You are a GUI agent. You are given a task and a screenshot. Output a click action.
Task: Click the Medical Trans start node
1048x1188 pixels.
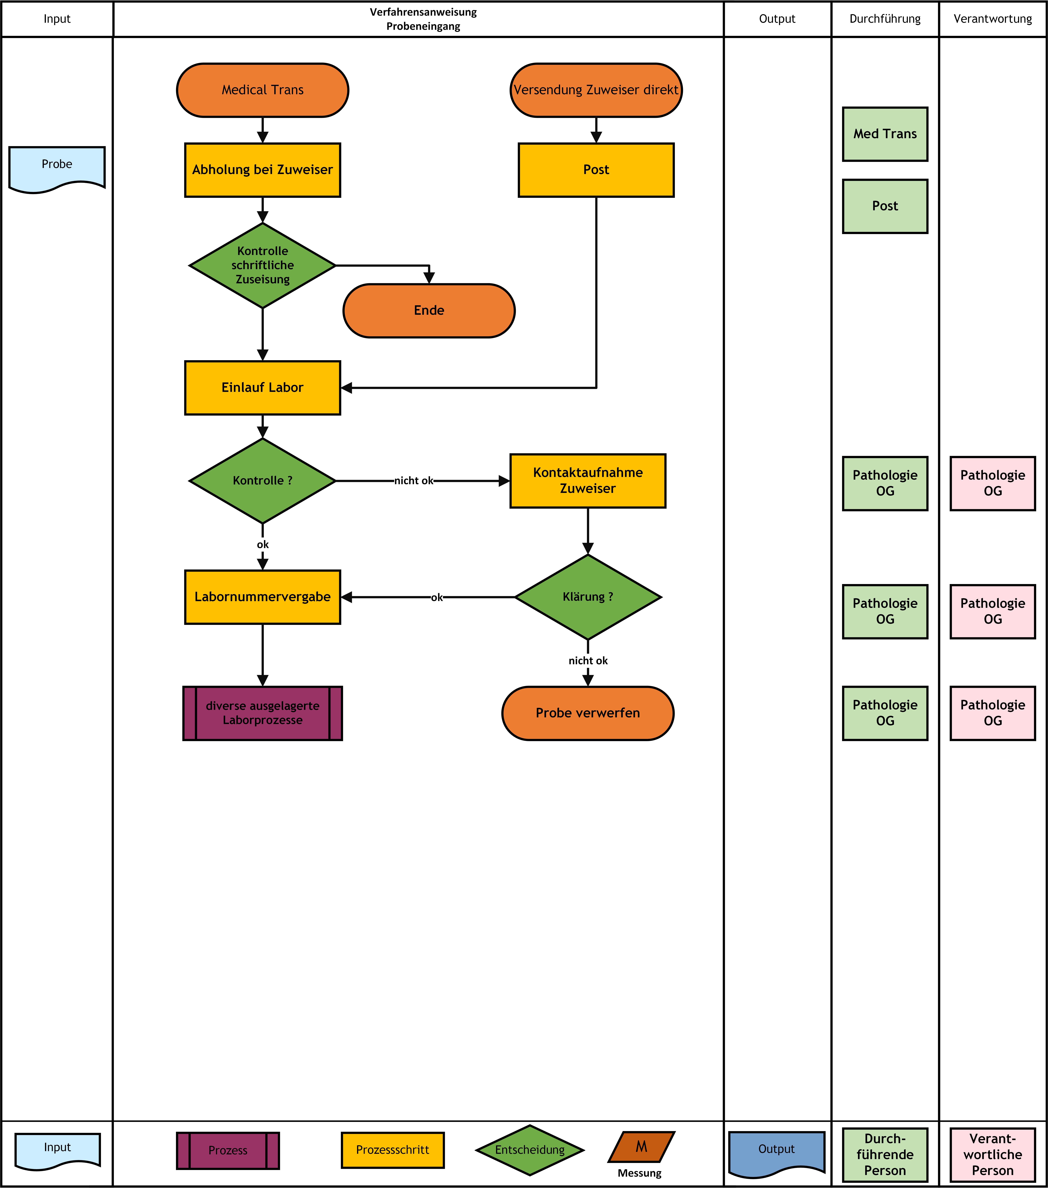262,90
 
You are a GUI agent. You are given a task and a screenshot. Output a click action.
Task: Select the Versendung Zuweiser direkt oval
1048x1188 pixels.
596,90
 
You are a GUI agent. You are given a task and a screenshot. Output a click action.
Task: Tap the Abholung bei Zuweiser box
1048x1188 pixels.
262,170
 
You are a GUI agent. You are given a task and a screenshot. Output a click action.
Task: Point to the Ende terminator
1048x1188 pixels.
429,310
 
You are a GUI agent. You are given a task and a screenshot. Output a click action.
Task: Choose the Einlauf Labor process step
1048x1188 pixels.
262,388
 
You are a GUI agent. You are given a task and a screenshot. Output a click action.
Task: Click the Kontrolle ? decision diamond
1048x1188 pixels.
262,481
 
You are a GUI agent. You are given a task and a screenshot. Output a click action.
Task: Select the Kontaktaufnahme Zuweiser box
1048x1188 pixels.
588,481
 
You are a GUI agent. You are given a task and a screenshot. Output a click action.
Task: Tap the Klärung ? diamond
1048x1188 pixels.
588,597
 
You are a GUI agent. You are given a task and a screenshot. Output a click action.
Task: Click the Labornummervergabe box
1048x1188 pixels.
262,597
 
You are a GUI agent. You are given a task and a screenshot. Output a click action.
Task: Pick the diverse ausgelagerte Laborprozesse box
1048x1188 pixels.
262,713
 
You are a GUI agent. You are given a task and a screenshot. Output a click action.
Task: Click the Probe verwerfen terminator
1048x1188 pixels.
588,713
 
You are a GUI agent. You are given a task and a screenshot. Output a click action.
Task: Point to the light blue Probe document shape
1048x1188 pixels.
57,169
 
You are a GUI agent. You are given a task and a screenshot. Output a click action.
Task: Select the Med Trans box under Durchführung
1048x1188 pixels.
885,134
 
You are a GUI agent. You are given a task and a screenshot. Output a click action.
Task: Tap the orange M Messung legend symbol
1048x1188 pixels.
642,1147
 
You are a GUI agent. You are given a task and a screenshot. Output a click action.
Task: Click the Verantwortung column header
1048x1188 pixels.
993,19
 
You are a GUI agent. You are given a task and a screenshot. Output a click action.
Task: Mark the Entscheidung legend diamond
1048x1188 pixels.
530,1150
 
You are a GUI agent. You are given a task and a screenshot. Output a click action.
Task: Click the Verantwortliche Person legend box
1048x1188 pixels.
993,1154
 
